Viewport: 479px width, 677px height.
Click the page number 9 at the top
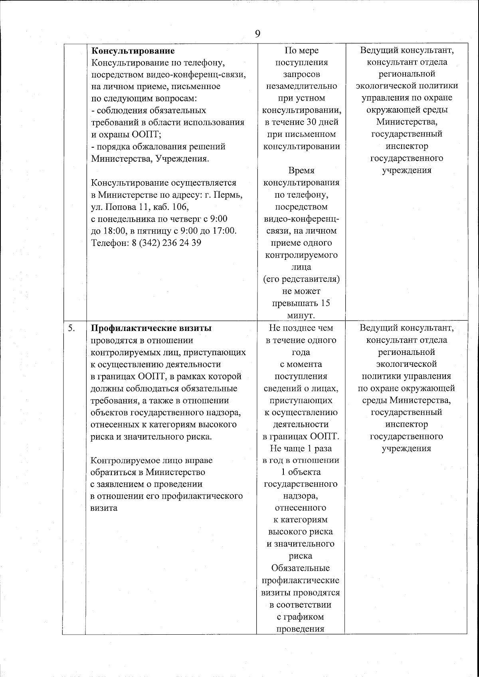coord(257,34)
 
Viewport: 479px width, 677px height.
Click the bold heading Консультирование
coord(133,51)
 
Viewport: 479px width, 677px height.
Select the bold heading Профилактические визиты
coord(151,328)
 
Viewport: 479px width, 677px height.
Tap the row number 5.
coord(71,328)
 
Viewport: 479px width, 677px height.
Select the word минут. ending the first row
coord(301,315)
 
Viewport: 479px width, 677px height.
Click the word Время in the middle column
coord(301,170)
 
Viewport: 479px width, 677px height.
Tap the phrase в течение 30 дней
coord(301,122)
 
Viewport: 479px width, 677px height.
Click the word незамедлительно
coord(301,86)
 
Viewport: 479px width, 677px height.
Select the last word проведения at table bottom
coord(300,629)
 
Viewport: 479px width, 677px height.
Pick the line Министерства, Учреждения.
coord(150,158)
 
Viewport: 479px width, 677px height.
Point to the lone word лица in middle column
coord(301,267)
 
